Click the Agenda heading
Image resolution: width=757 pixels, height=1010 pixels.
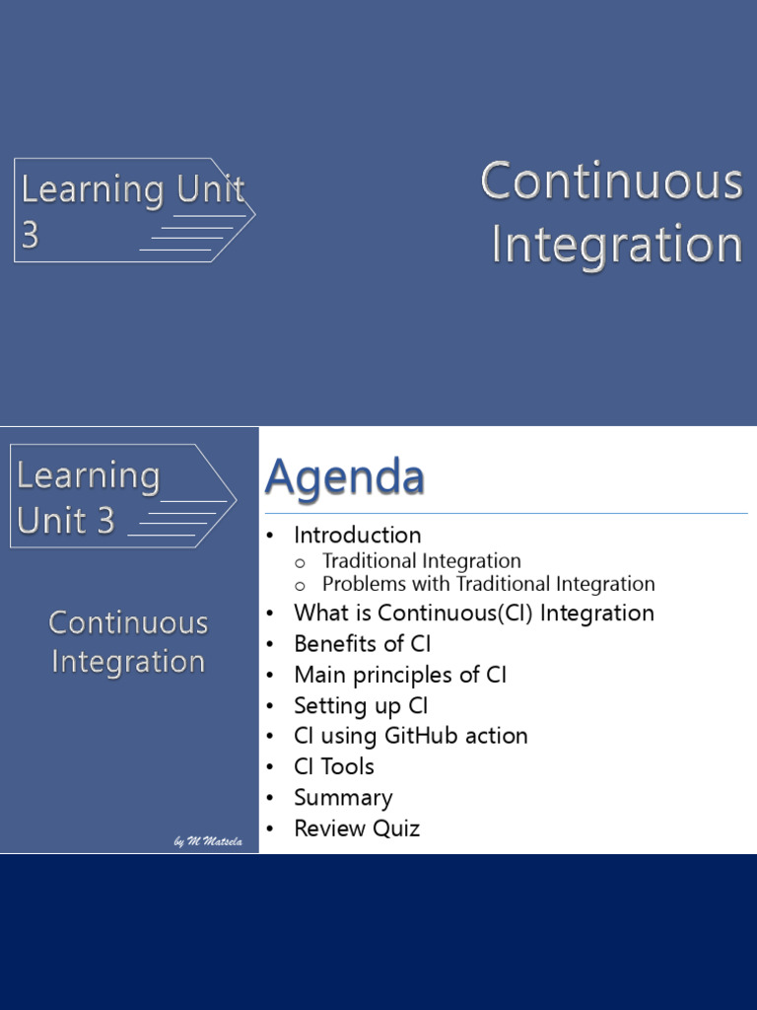[344, 478]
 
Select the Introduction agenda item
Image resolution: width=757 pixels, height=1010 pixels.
[357, 536]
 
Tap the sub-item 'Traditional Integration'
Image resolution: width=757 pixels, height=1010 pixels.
[422, 561]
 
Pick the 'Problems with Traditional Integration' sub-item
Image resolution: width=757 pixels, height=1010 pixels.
[489, 584]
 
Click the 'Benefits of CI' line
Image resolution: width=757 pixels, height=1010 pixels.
[363, 643]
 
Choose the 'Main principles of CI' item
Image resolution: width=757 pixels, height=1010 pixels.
[400, 675]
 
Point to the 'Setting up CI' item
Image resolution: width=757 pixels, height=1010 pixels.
[361, 705]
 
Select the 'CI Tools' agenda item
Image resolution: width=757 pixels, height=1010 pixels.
[334, 766]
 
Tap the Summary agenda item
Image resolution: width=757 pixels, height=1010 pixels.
[343, 798]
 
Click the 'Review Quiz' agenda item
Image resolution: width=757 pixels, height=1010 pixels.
[357, 829]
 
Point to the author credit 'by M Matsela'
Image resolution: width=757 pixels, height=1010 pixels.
[208, 841]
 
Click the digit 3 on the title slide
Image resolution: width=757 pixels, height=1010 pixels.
[30, 235]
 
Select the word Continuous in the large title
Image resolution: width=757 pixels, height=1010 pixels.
[611, 181]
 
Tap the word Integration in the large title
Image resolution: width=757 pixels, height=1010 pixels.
[617, 245]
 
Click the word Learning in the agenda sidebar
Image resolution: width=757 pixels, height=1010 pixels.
[88, 477]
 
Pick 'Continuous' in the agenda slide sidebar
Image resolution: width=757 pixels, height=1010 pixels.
[128, 623]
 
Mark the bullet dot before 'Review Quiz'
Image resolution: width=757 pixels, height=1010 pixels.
[270, 829]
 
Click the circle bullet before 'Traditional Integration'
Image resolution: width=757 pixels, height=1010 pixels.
[300, 563]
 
